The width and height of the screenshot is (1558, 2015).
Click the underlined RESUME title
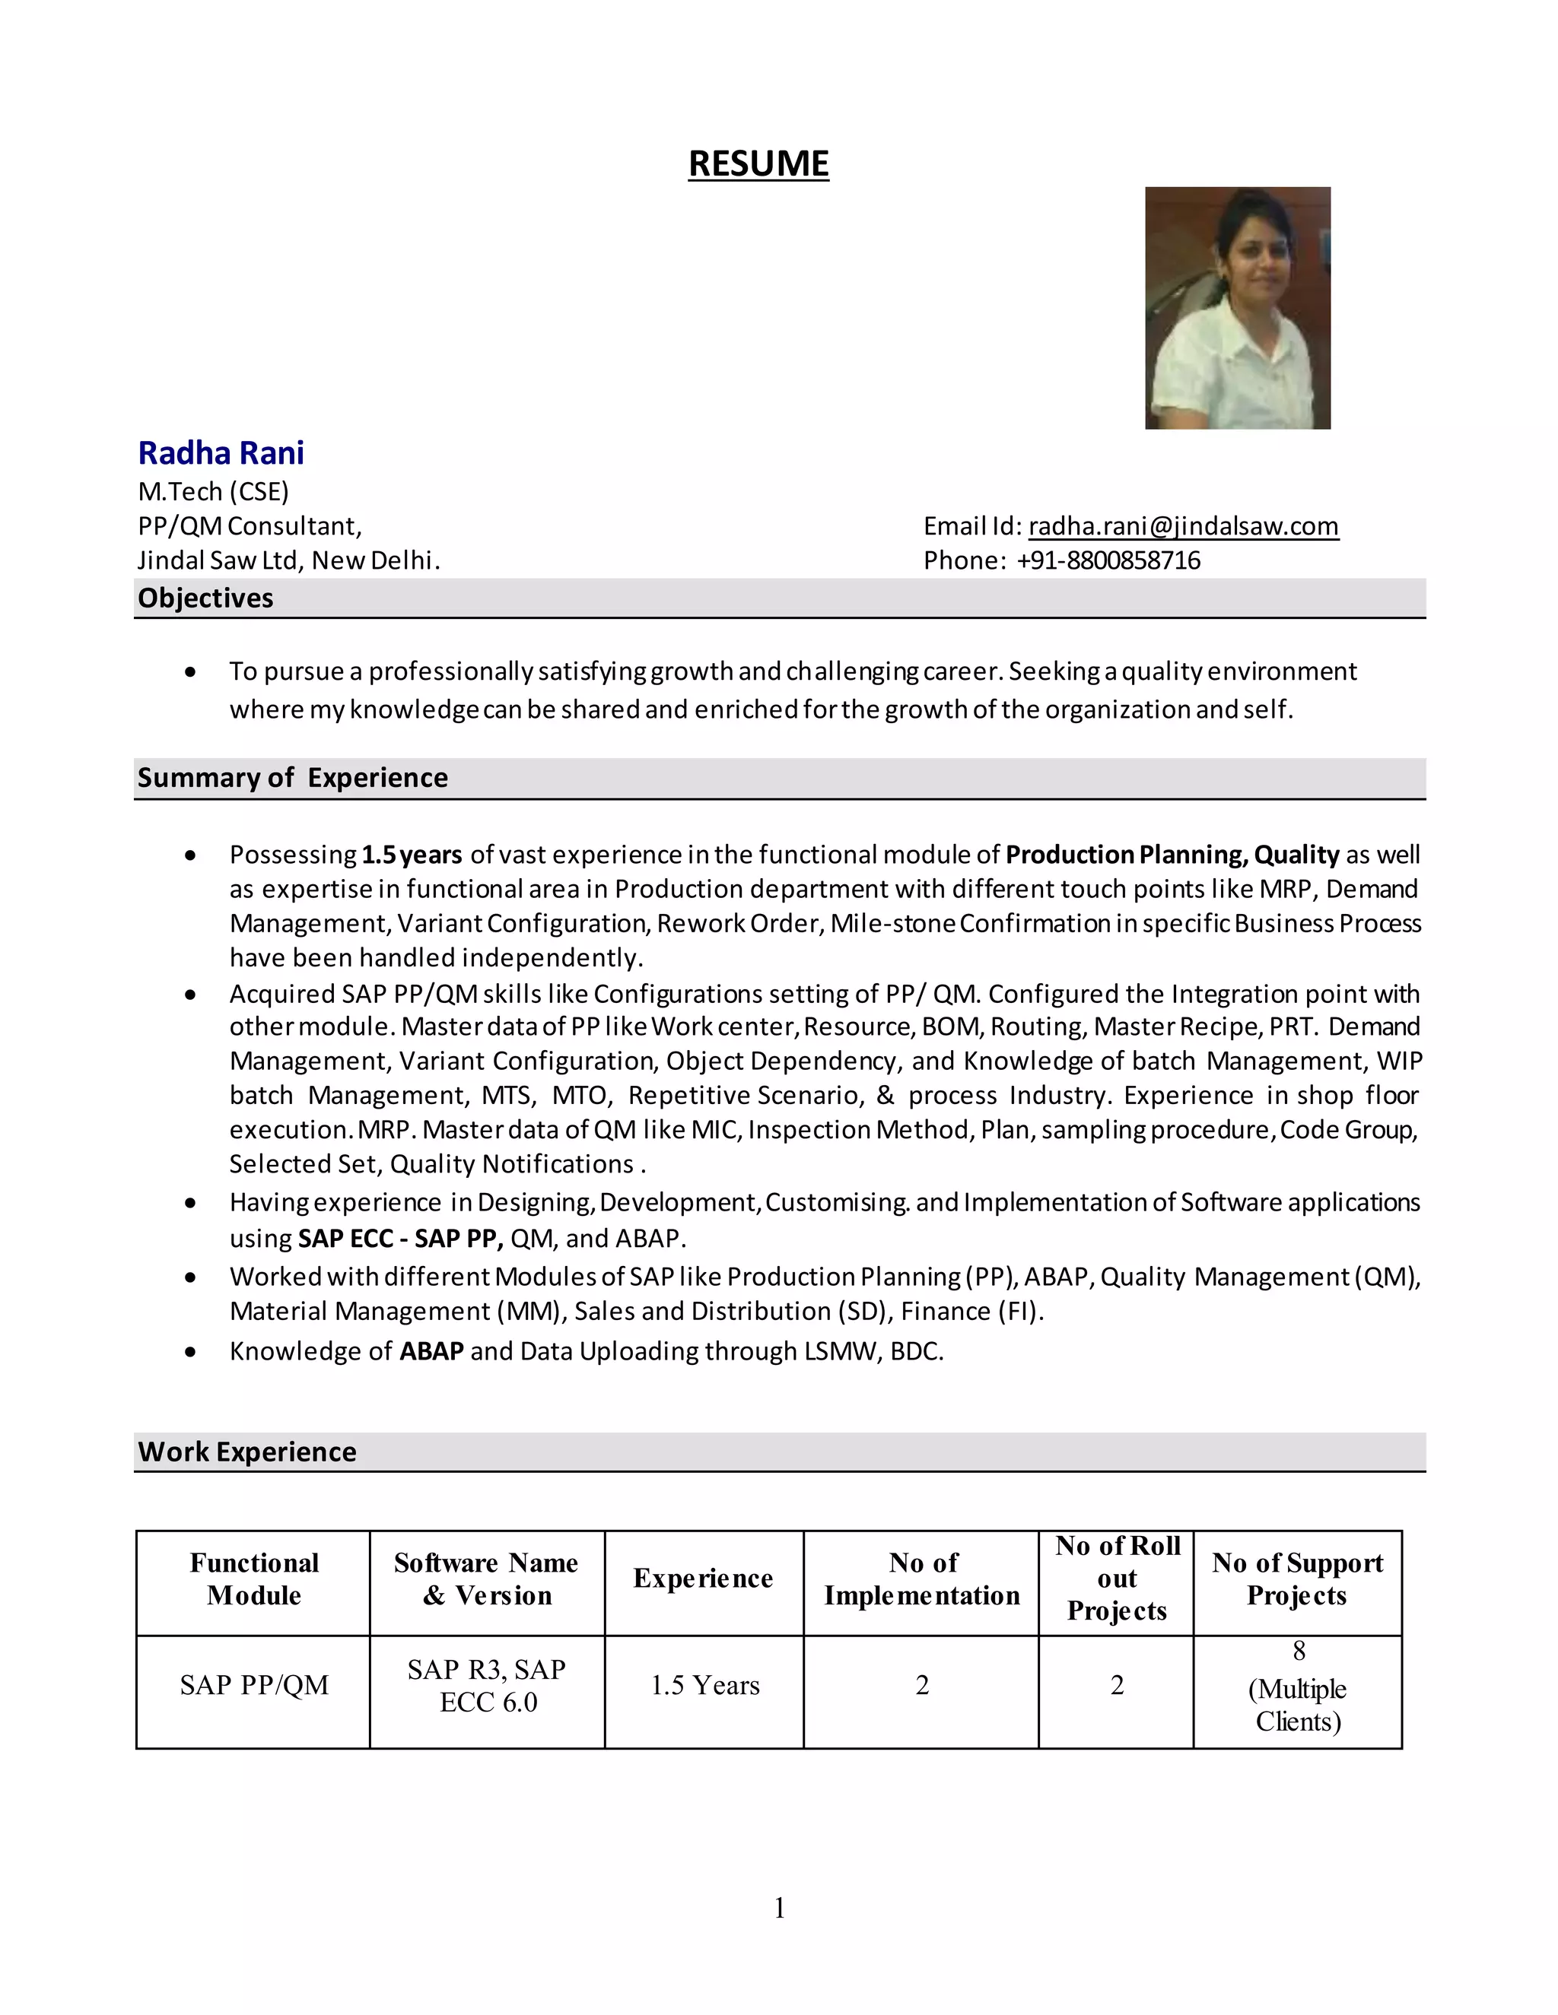pos(758,163)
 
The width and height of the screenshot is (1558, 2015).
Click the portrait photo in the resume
pos(1237,307)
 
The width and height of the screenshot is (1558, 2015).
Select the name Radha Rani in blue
pos(221,453)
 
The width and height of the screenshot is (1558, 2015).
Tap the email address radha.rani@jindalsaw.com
pos(1183,526)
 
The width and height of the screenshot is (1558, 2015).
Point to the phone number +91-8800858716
pos(1108,560)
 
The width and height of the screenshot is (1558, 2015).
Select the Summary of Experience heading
pos(293,778)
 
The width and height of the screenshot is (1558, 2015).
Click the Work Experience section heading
pos(246,1452)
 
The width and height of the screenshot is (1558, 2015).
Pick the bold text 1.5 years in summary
pos(411,855)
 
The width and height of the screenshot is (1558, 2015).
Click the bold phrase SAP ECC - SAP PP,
pos(401,1238)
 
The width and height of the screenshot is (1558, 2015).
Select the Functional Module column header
pos(254,1579)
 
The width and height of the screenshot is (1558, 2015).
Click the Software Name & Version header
pos(486,1579)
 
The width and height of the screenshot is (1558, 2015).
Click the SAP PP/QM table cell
pos(254,1685)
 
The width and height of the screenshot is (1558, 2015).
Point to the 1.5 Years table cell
pos(704,1685)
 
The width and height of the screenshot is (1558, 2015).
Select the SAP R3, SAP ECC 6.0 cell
pos(486,1685)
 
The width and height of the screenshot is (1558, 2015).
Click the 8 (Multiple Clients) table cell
pos(1297,1687)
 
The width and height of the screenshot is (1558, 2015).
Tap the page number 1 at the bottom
pos(779,1907)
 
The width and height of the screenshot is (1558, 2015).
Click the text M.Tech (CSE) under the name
pos(213,491)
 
